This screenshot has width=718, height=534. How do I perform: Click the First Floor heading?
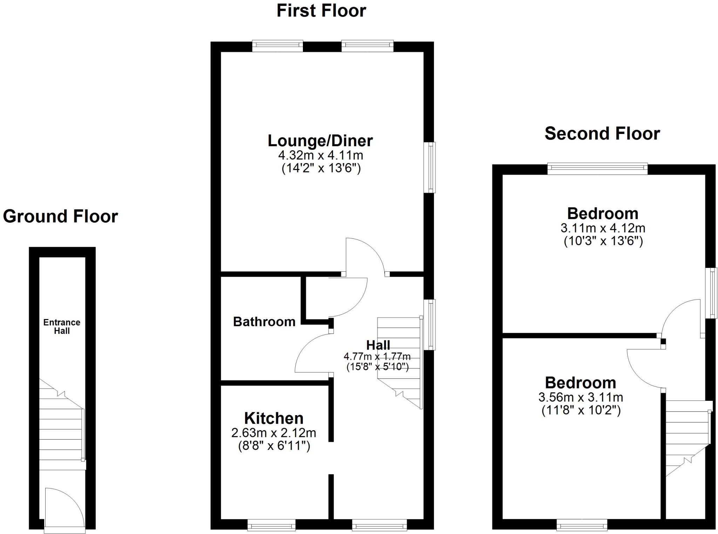point(321,11)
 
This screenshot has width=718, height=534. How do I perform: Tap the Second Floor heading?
point(602,134)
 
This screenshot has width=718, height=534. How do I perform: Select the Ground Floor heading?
point(60,216)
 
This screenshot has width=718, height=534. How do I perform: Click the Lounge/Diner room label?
point(320,141)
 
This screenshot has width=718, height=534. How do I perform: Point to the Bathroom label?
point(264,322)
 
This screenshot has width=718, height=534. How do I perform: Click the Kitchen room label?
point(274,418)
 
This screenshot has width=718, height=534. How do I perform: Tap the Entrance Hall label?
point(62,326)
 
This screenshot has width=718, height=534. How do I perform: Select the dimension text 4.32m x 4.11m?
point(320,155)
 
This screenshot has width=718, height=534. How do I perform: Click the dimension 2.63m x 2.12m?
point(273,433)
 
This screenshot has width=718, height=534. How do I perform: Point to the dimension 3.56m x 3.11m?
point(581,397)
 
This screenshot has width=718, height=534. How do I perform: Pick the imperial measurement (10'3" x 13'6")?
point(603,241)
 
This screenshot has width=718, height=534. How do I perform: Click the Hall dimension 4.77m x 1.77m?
point(377,357)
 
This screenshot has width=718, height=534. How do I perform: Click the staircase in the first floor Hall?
point(400,361)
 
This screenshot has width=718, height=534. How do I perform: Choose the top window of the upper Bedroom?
point(597,169)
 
